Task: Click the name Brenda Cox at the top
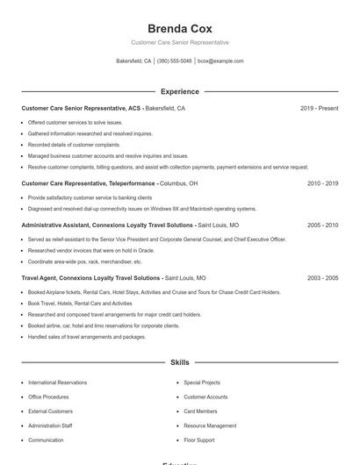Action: [x=179, y=28]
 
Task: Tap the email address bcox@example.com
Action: [x=220, y=61]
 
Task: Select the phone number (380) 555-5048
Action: [x=174, y=61]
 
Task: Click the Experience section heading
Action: [x=179, y=91]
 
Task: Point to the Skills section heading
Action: [x=179, y=361]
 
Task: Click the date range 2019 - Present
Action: [x=319, y=108]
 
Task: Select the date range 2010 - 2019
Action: [x=322, y=183]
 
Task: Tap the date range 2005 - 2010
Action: [x=322, y=225]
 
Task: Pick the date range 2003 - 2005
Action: [x=322, y=277]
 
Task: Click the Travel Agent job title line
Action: [x=113, y=277]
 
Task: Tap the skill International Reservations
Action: [x=57, y=383]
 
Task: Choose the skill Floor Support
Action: [x=198, y=440]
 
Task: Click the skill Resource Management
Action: [x=210, y=426]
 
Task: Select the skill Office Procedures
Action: [x=50, y=397]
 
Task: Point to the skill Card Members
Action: [x=200, y=411]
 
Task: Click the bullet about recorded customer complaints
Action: [x=74, y=144]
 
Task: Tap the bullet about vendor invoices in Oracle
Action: [x=90, y=250]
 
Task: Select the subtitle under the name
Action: [x=179, y=42]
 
